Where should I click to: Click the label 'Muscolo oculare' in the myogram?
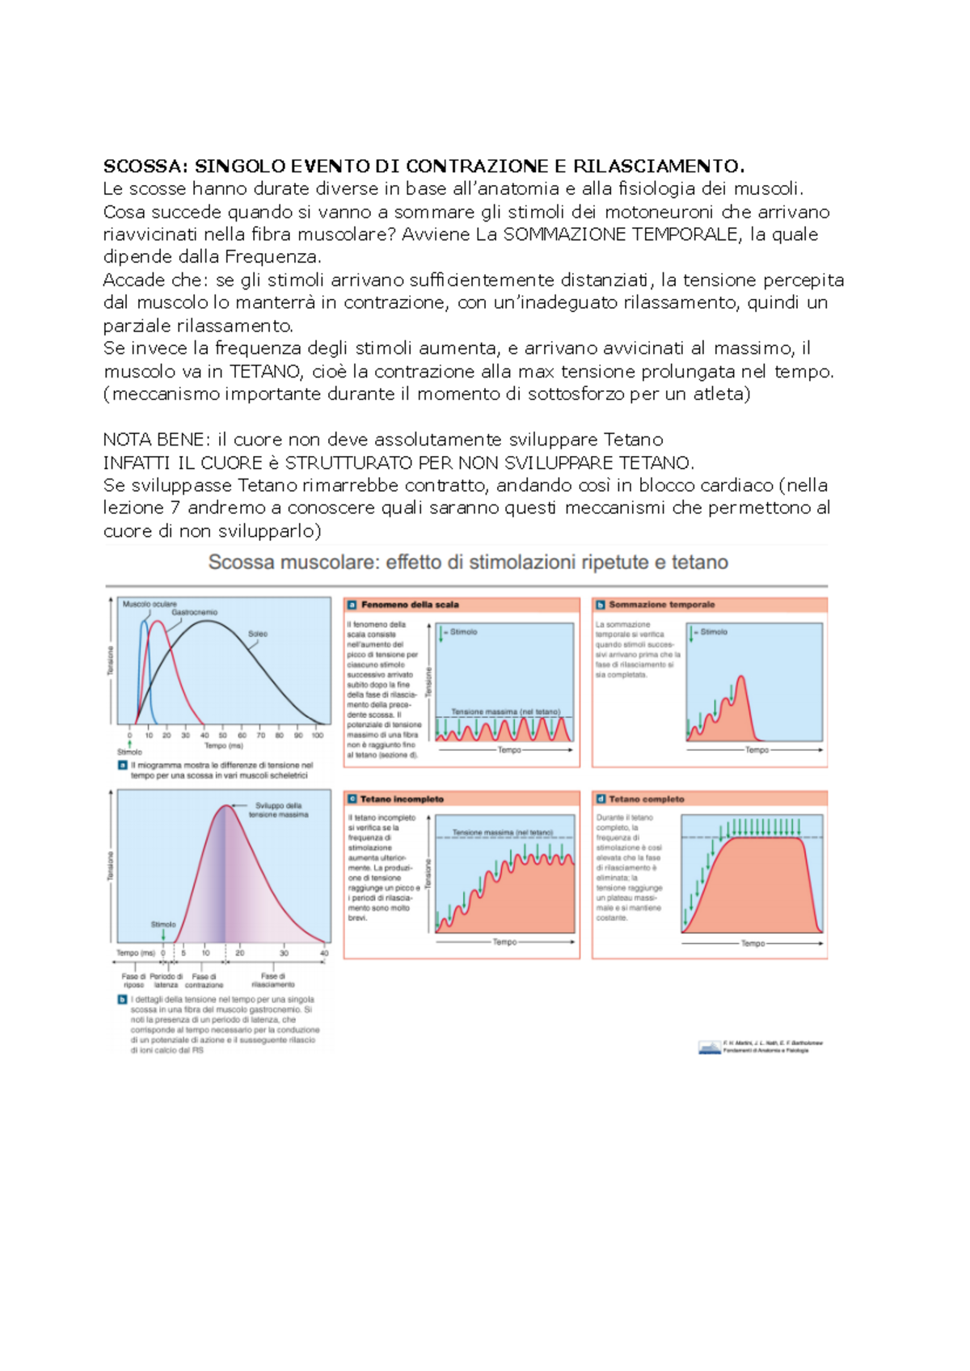click(150, 604)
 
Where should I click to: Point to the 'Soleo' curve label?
click(258, 634)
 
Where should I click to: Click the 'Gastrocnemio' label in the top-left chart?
click(194, 613)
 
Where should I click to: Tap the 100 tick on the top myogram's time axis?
click(318, 736)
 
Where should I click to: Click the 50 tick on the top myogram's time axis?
click(223, 736)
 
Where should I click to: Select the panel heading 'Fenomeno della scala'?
click(410, 605)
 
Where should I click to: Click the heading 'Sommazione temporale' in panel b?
click(661, 605)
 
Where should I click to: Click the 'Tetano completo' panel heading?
click(646, 799)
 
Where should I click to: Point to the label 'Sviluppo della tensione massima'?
click(278, 810)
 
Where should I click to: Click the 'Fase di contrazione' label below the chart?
click(204, 981)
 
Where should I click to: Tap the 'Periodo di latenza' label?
click(166, 981)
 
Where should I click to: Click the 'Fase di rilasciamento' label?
click(273, 981)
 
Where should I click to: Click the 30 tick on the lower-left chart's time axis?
click(284, 953)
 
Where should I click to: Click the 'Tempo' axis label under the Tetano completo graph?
click(753, 943)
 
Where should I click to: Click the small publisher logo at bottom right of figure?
click(709, 1048)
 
